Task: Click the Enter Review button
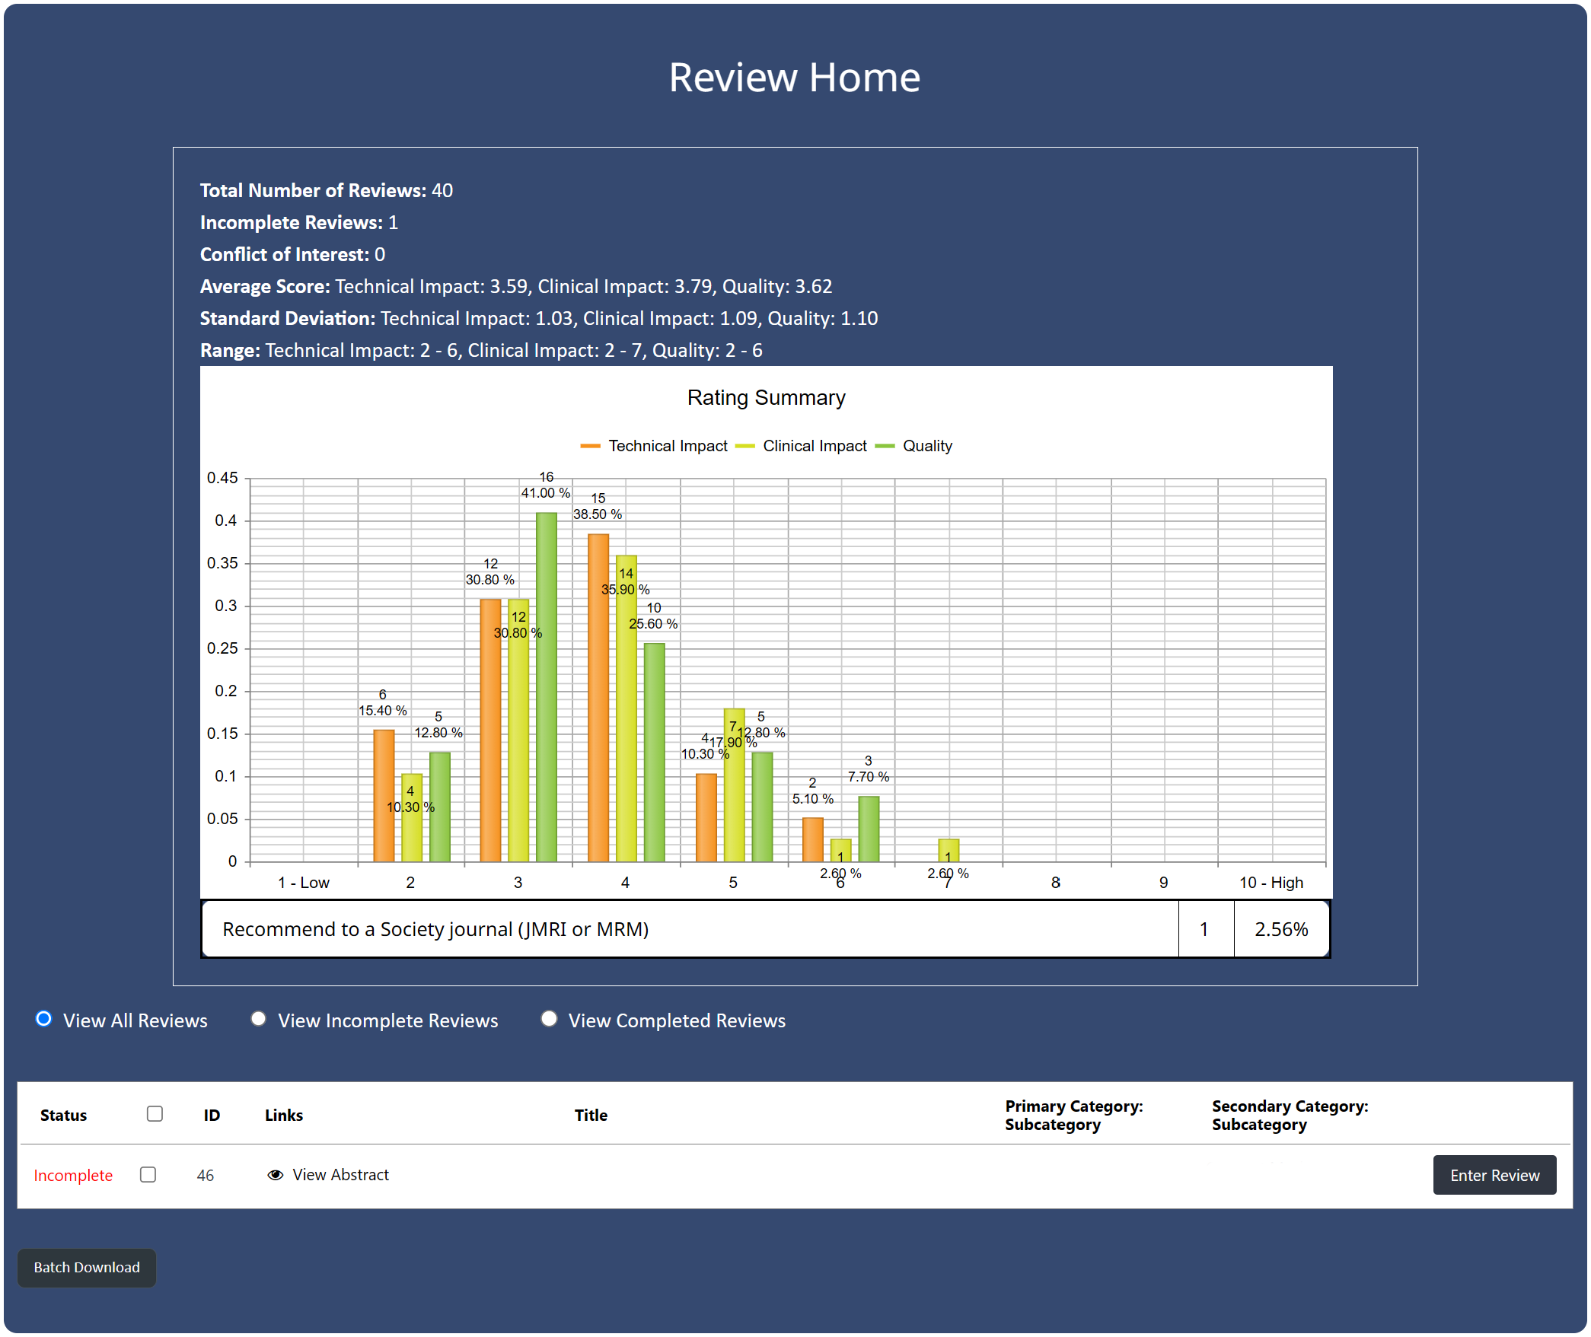click(x=1494, y=1175)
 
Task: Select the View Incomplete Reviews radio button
click(x=259, y=1019)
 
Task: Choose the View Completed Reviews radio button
click(x=549, y=1019)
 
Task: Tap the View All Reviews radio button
click(x=44, y=1019)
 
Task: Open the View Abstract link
click(x=340, y=1175)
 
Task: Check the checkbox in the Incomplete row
click(x=148, y=1175)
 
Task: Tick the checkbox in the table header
click(x=155, y=1114)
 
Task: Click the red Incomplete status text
click(x=73, y=1176)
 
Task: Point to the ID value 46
click(x=205, y=1176)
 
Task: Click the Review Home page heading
click(x=795, y=78)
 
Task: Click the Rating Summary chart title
click(x=766, y=398)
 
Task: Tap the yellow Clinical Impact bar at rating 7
click(x=949, y=850)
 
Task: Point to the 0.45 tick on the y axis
click(x=222, y=478)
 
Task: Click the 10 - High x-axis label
click(x=1271, y=883)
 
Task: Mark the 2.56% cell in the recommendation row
click(x=1281, y=929)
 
